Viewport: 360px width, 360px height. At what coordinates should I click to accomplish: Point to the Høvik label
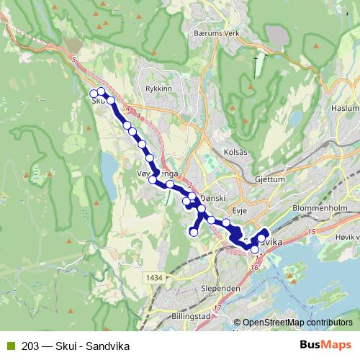coord(347,237)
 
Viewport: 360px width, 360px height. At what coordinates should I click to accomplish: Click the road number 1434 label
coord(153,276)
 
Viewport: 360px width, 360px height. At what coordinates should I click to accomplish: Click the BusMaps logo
coord(330,343)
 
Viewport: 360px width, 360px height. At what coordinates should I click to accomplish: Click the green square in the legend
coord(9,344)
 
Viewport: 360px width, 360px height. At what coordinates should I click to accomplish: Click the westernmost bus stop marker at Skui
coord(93,94)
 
